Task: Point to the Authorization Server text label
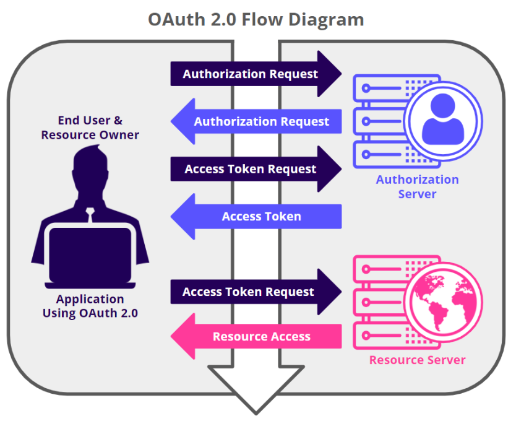(x=417, y=186)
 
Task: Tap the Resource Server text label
(x=417, y=360)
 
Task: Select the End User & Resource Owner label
(x=90, y=128)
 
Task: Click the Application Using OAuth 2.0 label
(x=90, y=306)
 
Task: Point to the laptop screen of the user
(x=90, y=254)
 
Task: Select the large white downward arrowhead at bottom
(x=256, y=387)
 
